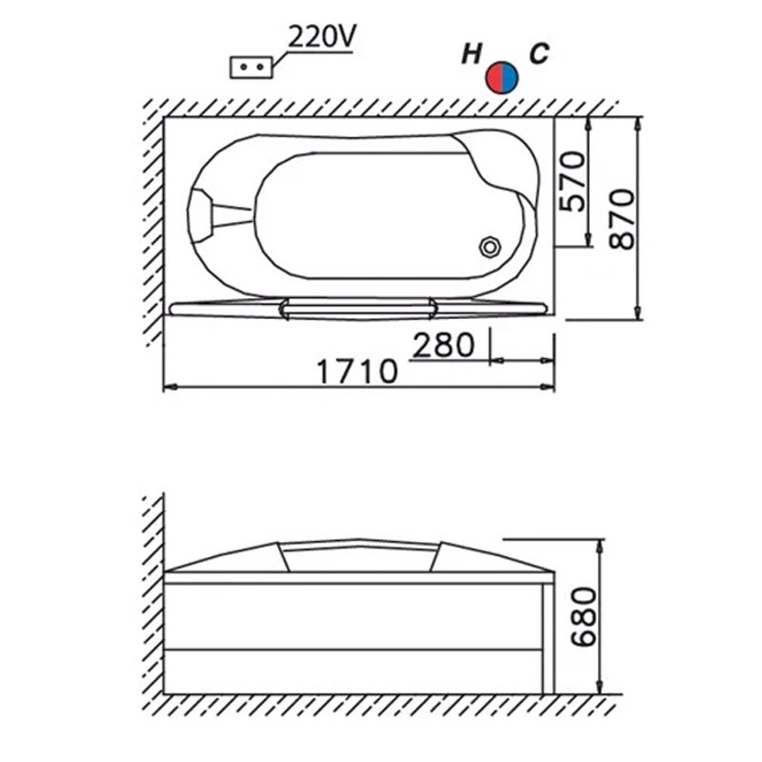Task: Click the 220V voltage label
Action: pyautogui.click(x=322, y=36)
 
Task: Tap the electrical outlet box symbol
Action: pyautogui.click(x=251, y=67)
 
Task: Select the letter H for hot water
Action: pyautogui.click(x=471, y=53)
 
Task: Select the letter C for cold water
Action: pyautogui.click(x=539, y=53)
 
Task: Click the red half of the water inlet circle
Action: pyautogui.click(x=494, y=78)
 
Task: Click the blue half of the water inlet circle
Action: pyautogui.click(x=511, y=78)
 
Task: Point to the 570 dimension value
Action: pyautogui.click(x=572, y=181)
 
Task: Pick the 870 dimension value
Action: pyautogui.click(x=623, y=219)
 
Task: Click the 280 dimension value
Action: pyautogui.click(x=443, y=345)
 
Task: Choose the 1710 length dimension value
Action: pyautogui.click(x=357, y=371)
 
